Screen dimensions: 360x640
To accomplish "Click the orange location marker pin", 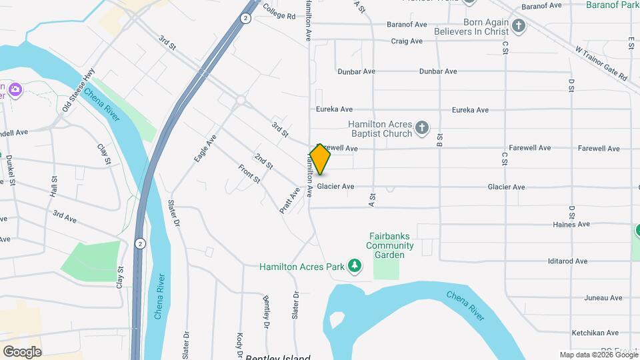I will (x=321, y=159).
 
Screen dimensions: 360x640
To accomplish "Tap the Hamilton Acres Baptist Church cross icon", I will (x=421, y=127).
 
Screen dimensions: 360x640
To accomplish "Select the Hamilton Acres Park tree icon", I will (x=356, y=267).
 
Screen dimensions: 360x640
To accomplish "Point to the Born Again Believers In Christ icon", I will (x=519, y=26).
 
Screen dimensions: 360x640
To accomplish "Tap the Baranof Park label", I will (x=612, y=5).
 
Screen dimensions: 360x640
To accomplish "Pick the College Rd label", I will (x=279, y=11).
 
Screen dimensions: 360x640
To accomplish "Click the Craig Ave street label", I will (x=407, y=41).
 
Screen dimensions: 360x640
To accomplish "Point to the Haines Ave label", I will (x=571, y=225).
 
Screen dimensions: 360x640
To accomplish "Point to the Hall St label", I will (x=54, y=186).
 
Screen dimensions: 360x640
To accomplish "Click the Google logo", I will (x=23, y=351).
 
